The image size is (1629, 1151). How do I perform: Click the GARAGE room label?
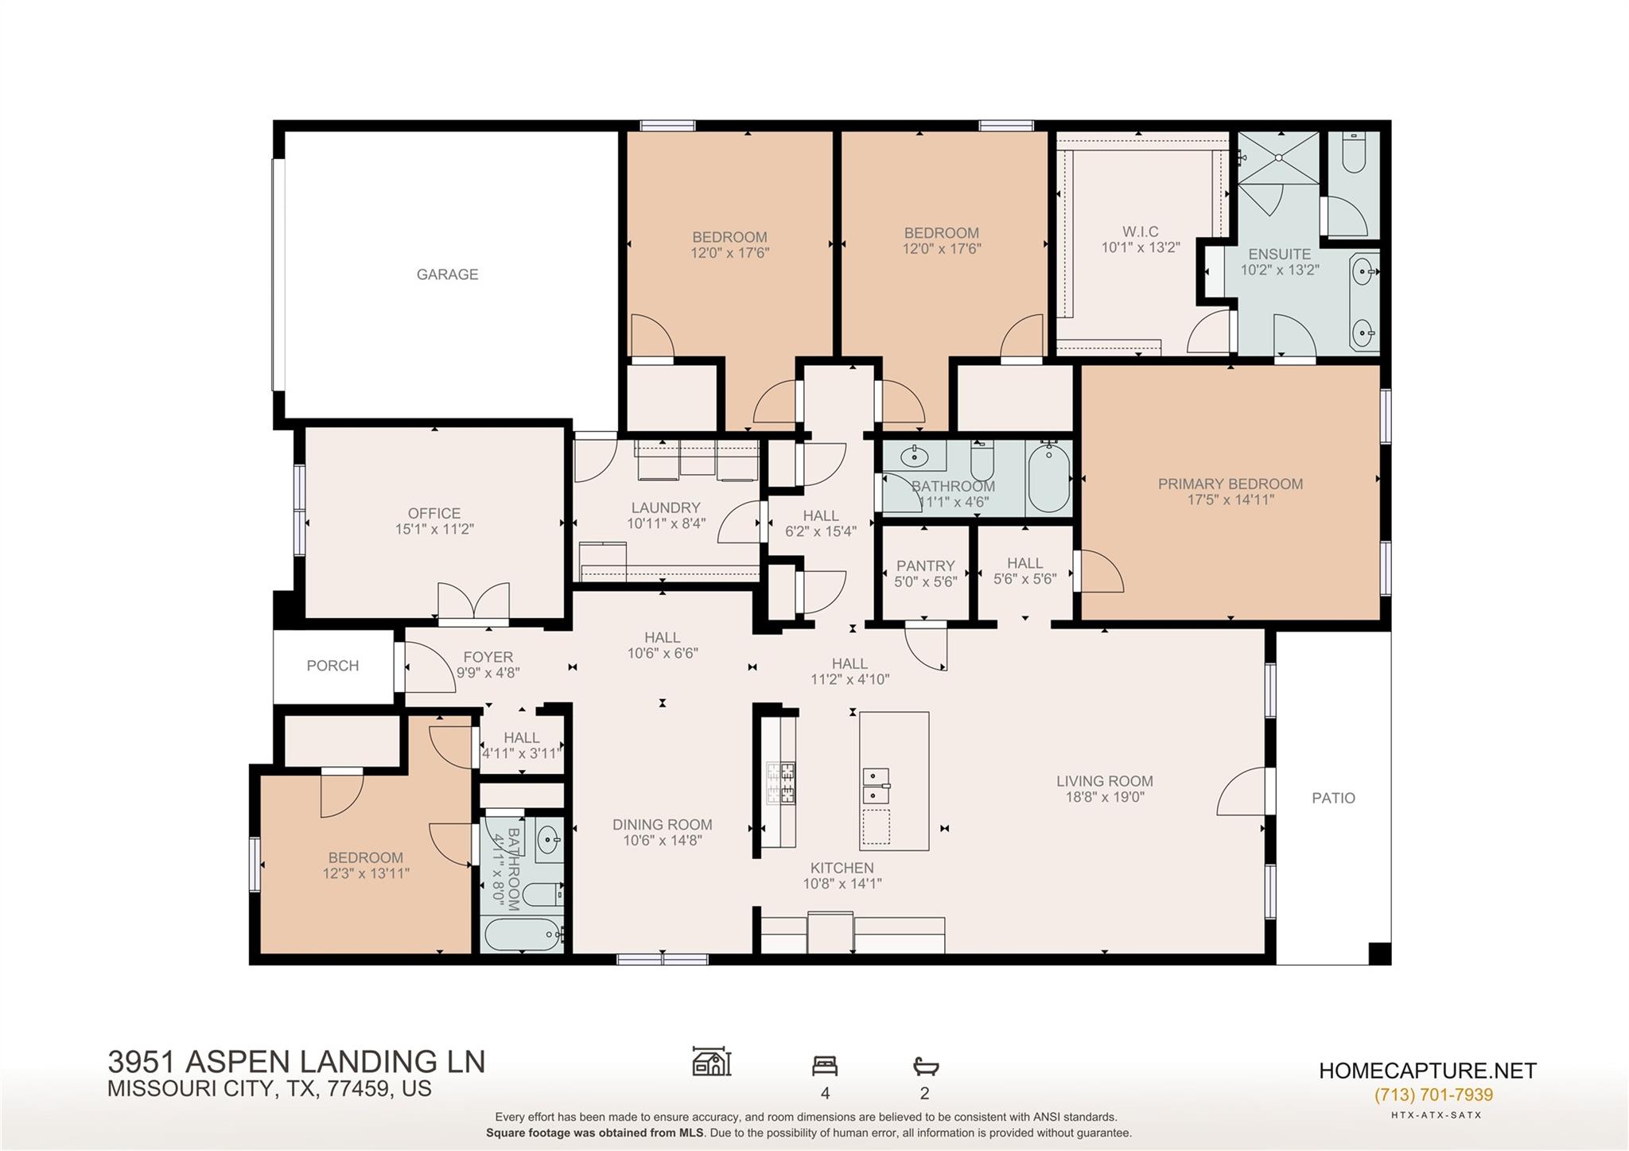tap(447, 274)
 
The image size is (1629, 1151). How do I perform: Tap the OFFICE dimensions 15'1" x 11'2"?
tap(434, 529)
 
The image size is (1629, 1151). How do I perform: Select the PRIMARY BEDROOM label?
tap(1230, 484)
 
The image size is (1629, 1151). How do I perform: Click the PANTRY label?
tap(925, 566)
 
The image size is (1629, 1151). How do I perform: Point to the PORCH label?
tap(332, 666)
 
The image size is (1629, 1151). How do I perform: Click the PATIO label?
tap(1333, 798)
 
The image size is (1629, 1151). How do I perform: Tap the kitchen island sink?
tap(876, 785)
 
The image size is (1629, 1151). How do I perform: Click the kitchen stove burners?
tap(780, 783)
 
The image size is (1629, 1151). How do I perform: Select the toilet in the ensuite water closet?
tap(1354, 153)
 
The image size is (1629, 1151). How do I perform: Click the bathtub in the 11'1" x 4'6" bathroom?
tap(1048, 477)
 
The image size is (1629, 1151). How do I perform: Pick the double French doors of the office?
tap(473, 601)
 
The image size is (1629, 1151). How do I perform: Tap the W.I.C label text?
tap(1141, 231)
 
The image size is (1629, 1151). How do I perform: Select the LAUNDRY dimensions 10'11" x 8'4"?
tap(666, 523)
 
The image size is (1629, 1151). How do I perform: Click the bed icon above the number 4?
tap(824, 1066)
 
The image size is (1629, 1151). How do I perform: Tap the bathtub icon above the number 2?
tap(925, 1066)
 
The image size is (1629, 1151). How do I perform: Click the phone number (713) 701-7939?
tap(1433, 1095)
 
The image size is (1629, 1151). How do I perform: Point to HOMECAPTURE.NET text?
tap(1427, 1071)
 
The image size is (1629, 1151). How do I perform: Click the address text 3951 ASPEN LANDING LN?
tap(296, 1062)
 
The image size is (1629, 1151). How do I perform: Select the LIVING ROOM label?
tap(1104, 781)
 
